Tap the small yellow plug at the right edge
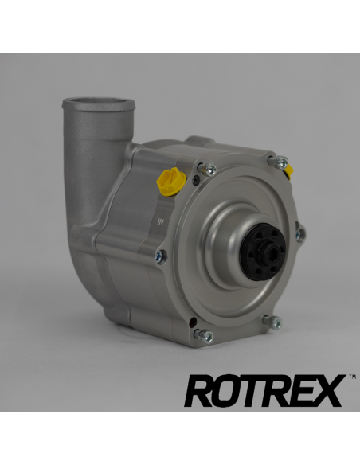pos(288,169)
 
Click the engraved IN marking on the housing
pos(162,221)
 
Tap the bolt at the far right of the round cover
pos(299,234)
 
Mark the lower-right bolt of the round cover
pos(274,322)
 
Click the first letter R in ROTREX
pos(198,392)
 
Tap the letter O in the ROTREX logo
pos(225,392)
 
